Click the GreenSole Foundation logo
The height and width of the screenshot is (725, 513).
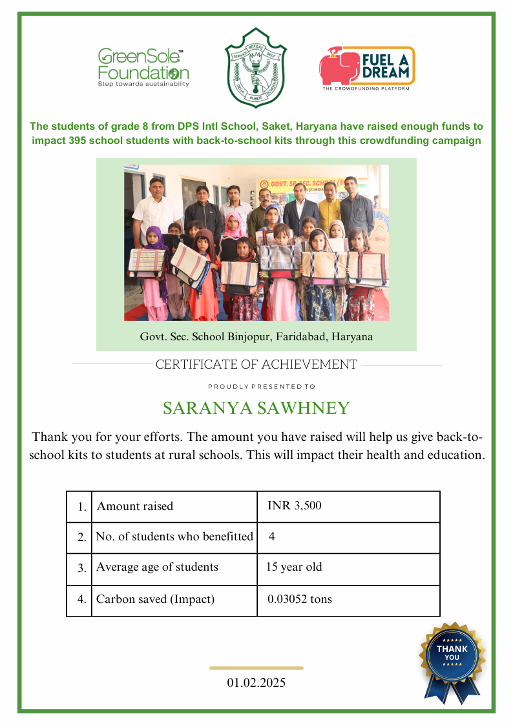[x=143, y=66]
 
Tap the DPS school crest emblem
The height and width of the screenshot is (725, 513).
[x=256, y=68]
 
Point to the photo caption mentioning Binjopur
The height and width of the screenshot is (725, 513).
[x=256, y=336]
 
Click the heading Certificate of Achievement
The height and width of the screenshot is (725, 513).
[x=256, y=364]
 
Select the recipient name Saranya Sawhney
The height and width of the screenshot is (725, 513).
[x=256, y=408]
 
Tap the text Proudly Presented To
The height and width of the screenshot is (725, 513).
[x=261, y=387]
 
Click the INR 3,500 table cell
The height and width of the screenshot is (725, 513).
[x=294, y=505]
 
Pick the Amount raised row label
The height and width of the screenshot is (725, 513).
[x=135, y=506]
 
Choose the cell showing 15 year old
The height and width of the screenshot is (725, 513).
[x=294, y=567]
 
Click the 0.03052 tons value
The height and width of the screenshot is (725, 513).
[x=299, y=599]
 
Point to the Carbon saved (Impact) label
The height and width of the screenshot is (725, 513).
[x=155, y=599]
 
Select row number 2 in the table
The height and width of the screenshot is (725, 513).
[x=81, y=537]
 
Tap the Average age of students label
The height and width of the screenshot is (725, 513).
[x=157, y=567]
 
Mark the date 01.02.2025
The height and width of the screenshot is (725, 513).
[x=256, y=682]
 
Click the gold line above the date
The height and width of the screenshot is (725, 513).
[x=256, y=668]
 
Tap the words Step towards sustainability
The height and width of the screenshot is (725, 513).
[x=143, y=84]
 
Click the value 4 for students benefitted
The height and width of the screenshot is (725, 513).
[x=272, y=536]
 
